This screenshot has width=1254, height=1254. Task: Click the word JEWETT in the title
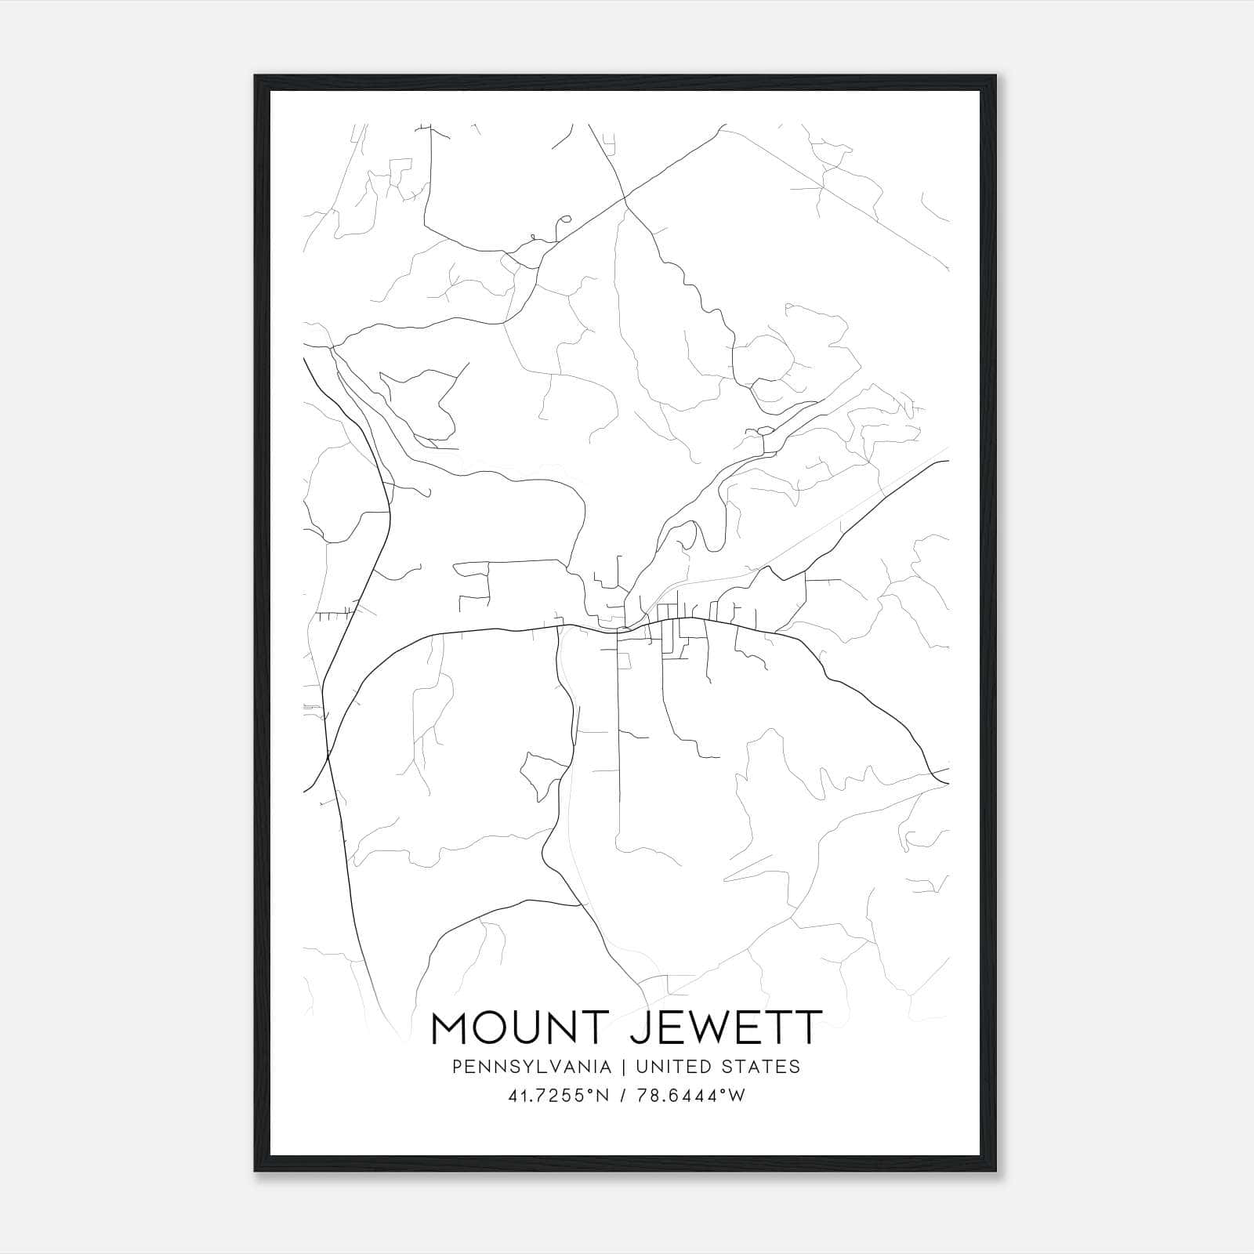pos(727,1028)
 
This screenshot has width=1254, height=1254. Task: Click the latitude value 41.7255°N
pos(558,1096)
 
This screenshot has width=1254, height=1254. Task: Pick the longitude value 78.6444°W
pos(689,1096)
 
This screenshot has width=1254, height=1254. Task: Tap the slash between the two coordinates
pos(621,1096)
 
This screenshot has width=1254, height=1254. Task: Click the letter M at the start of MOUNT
pos(451,1028)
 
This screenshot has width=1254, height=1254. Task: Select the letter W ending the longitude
pos(737,1096)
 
